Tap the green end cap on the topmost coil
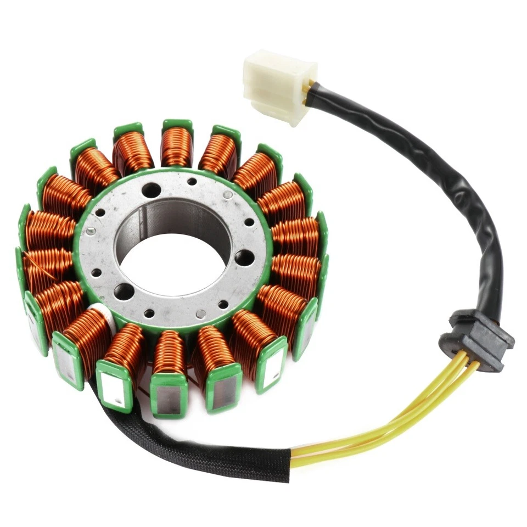coord(177,124)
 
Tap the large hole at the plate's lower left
coord(124,291)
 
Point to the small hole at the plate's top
coord(192,182)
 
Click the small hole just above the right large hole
coord(249,222)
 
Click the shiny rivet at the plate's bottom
coord(201,314)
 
